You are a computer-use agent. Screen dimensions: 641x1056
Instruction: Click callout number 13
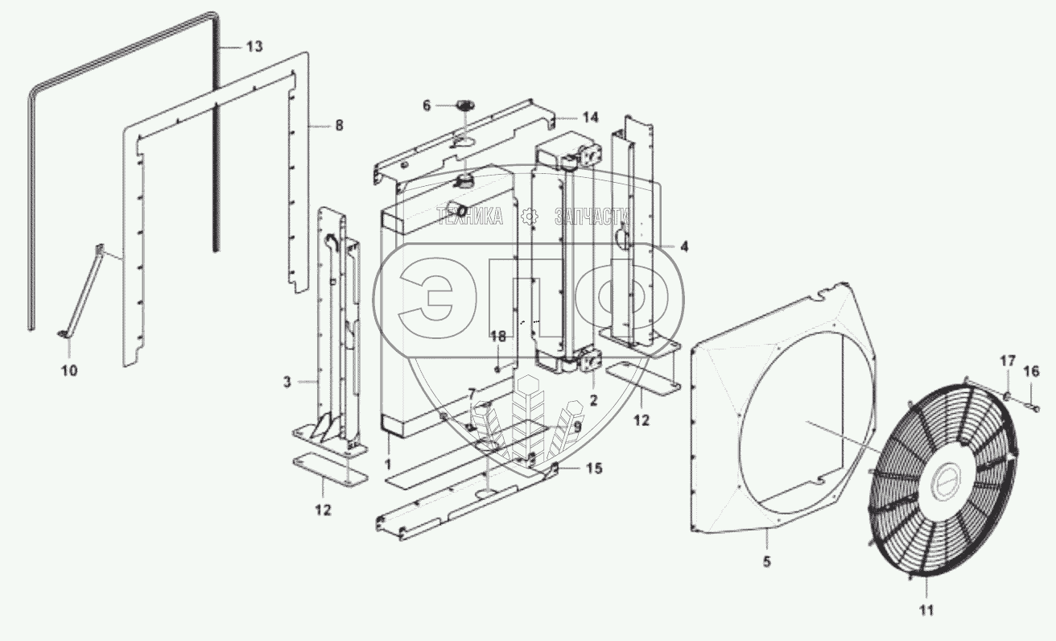(254, 48)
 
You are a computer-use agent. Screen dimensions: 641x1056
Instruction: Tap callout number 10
(69, 370)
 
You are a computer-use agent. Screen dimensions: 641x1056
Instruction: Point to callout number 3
(286, 382)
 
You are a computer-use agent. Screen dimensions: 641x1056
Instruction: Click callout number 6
(427, 105)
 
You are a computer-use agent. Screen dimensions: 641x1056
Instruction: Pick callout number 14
(591, 118)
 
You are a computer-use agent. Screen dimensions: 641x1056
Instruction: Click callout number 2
(592, 397)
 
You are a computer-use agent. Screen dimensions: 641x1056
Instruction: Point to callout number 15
(593, 469)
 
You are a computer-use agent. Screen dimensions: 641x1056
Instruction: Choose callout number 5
(766, 562)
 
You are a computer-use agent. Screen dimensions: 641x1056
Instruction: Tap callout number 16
(1031, 371)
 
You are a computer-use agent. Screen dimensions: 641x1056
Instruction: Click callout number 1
(388, 465)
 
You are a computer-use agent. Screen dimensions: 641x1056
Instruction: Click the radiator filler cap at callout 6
(464, 105)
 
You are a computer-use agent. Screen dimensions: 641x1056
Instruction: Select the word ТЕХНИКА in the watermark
(470, 216)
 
